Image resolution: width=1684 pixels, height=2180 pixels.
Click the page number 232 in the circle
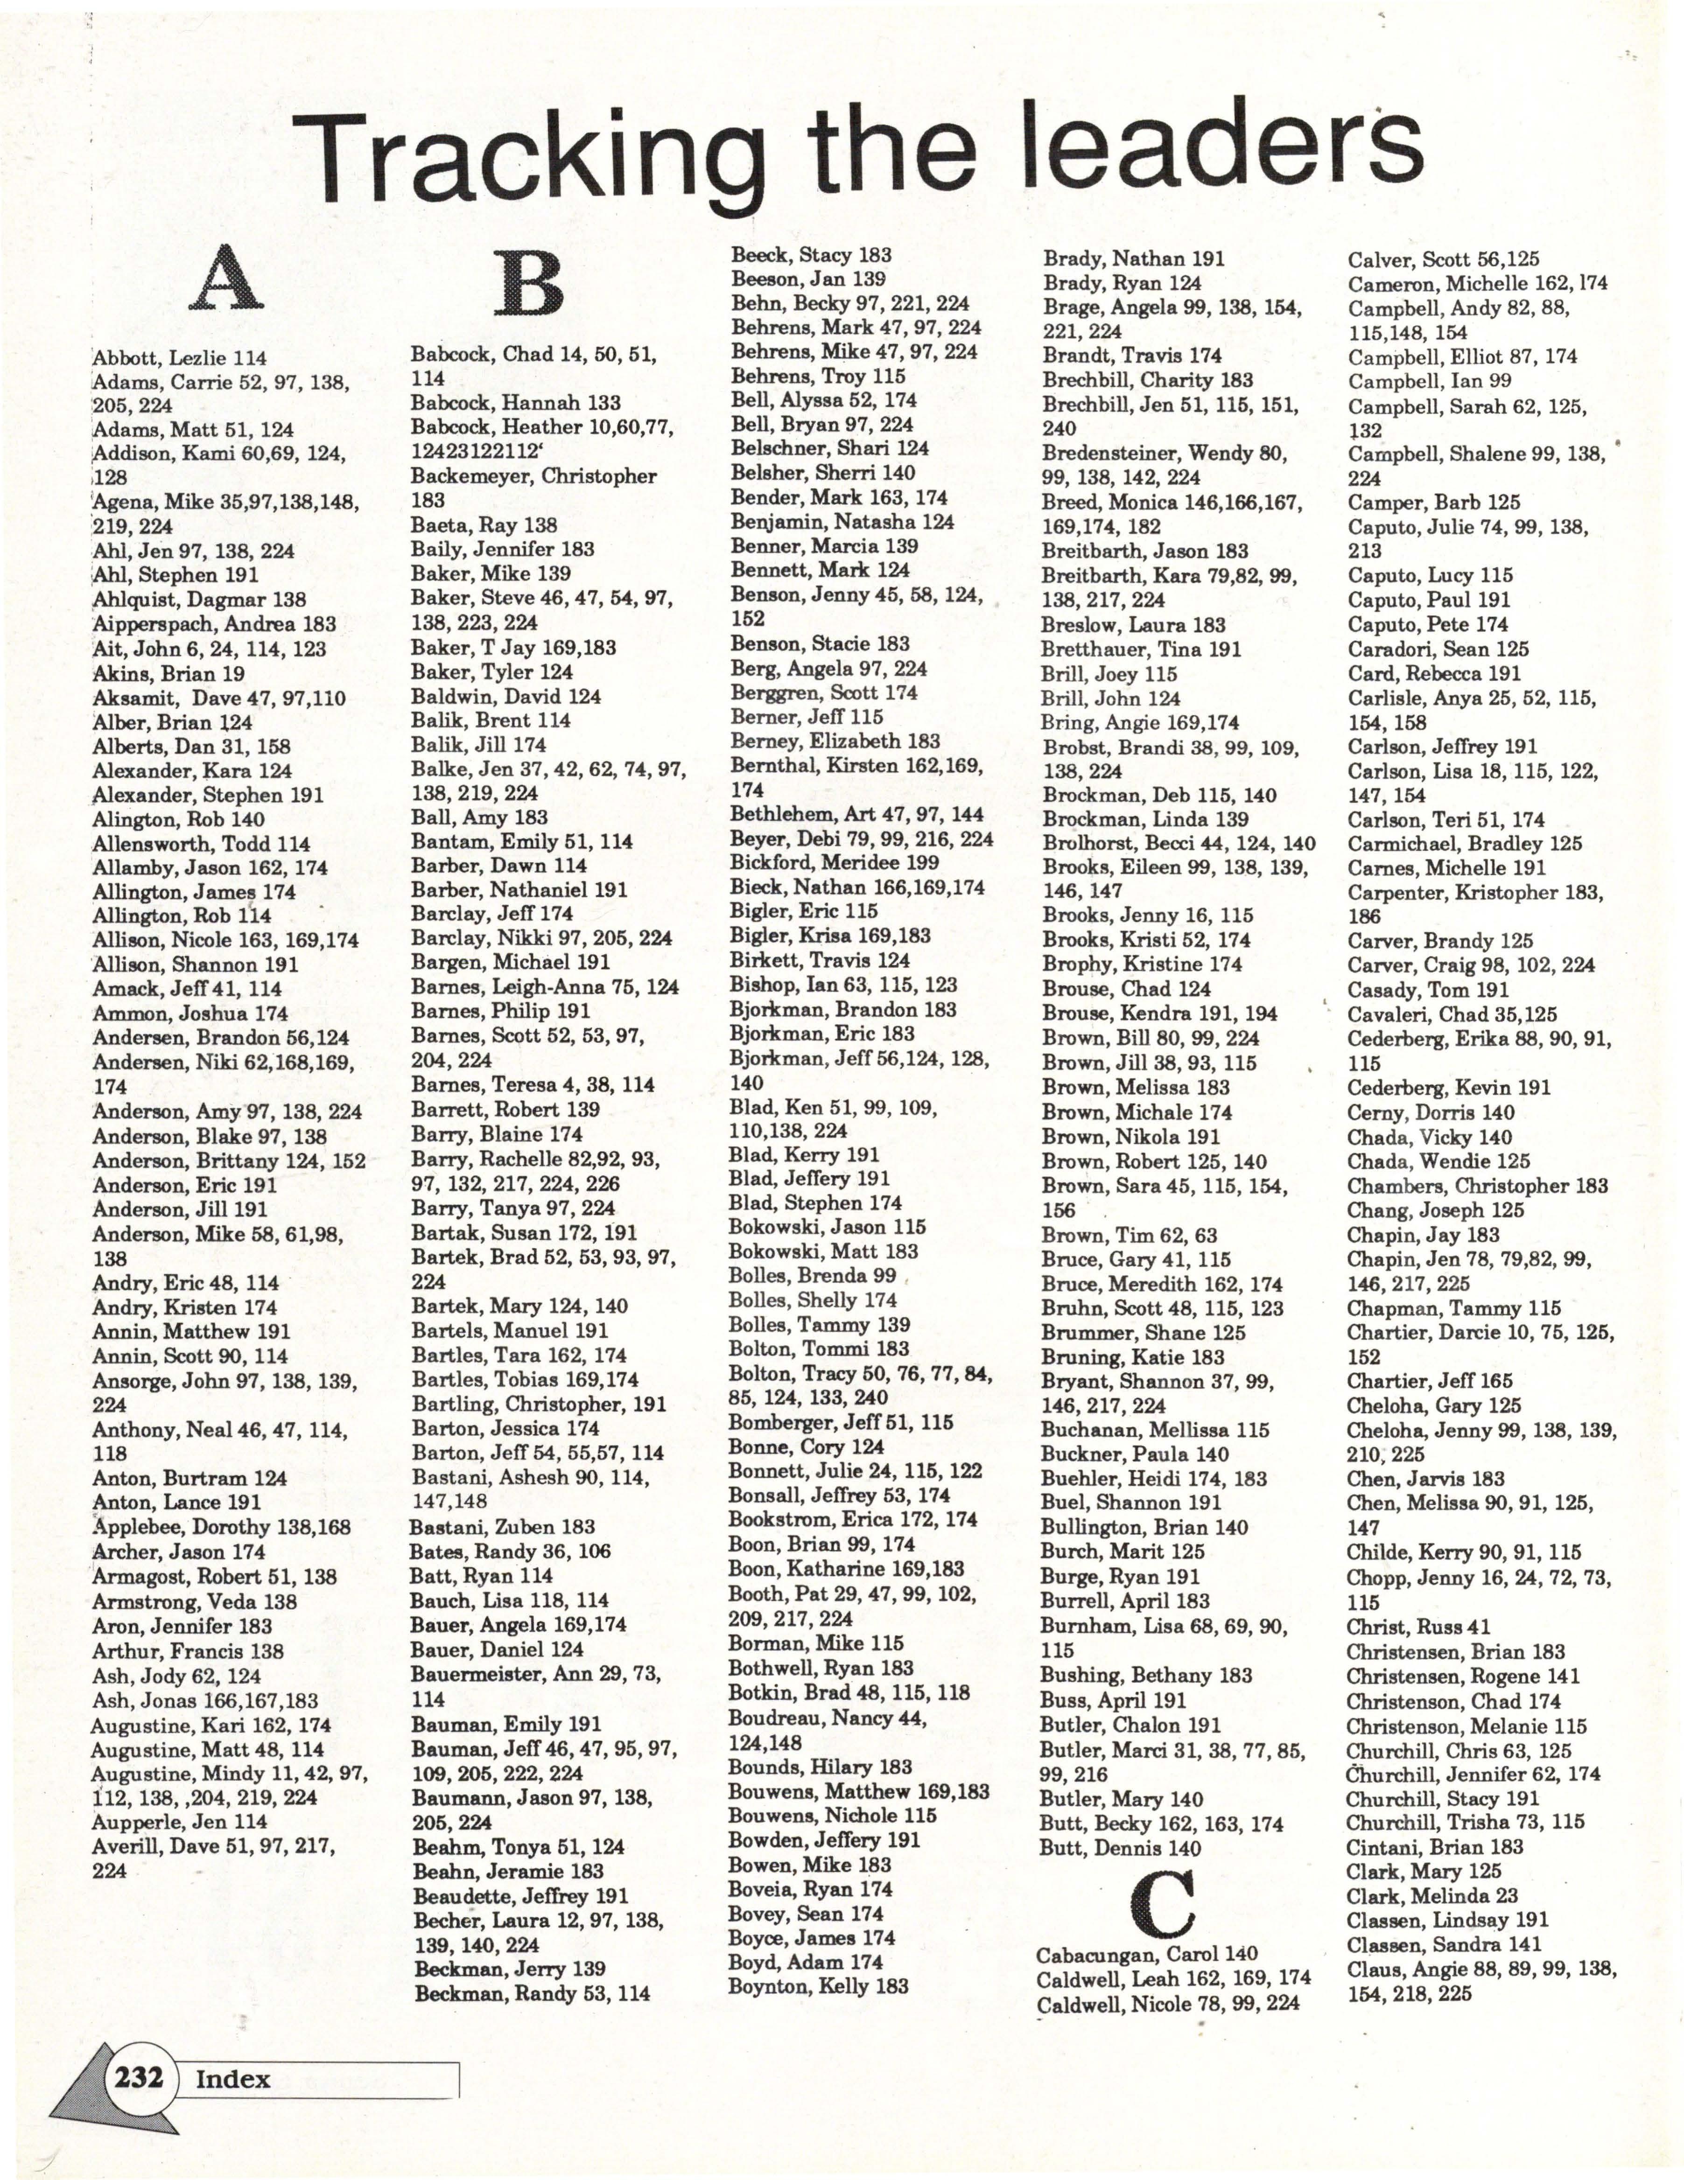pos(139,2077)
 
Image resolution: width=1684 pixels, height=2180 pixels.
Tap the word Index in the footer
pos(232,2079)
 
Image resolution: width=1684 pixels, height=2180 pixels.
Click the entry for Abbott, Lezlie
pos(180,357)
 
